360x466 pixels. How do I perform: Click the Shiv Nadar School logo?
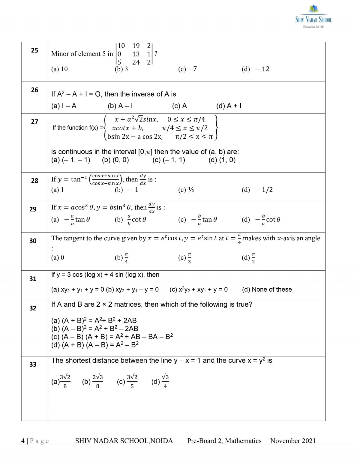313,17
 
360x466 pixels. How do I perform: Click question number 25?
34,50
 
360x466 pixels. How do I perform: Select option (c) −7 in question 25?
187,69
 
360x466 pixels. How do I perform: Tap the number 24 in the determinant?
136,62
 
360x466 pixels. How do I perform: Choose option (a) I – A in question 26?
64,106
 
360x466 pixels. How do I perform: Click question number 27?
34,122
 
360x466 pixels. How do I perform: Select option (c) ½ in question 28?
186,190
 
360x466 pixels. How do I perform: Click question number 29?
33,209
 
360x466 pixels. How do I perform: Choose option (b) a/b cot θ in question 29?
130,220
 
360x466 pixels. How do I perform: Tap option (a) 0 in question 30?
58,257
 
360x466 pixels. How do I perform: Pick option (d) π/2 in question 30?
249,257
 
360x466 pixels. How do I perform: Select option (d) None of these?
267,290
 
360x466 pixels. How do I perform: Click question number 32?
33,308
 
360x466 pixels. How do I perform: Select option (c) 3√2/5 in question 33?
127,381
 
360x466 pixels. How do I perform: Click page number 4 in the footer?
23,441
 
